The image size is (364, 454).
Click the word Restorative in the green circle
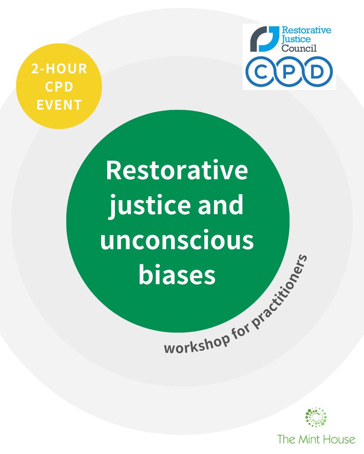(x=177, y=171)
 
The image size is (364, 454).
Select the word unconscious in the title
(x=177, y=241)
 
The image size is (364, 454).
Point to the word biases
(x=177, y=275)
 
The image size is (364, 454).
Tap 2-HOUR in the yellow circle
(x=59, y=69)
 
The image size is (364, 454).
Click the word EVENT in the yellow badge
(x=59, y=105)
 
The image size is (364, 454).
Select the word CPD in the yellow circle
(x=59, y=87)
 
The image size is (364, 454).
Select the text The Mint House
(x=316, y=440)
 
